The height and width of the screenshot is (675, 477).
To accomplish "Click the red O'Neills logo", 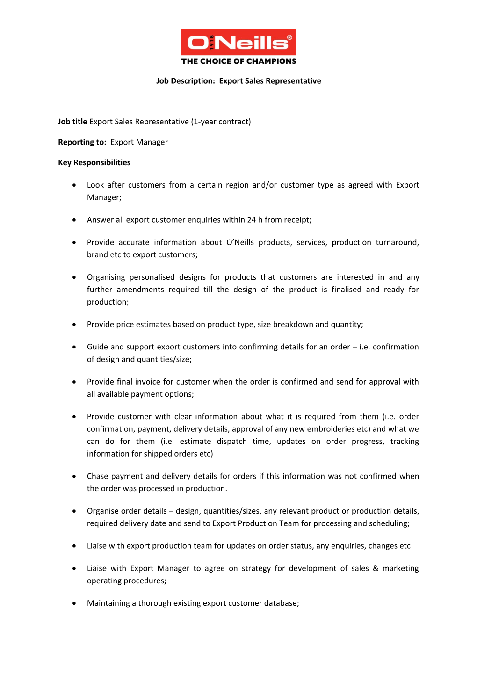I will [238, 42].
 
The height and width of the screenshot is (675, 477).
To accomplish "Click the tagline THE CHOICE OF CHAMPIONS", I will [238, 61].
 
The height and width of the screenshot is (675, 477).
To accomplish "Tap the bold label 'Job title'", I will [72, 122].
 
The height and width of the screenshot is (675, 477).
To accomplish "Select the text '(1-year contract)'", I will [221, 122].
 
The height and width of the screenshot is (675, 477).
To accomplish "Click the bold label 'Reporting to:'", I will [82, 142].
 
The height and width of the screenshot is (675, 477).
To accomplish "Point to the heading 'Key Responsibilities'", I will [94, 162].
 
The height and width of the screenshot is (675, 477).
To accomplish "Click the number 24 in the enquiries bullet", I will [251, 220].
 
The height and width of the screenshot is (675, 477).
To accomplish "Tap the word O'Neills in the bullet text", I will [240, 242].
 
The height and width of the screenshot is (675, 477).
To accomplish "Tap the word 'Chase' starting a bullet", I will [97, 476].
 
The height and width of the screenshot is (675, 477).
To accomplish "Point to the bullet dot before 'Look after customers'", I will [74, 185].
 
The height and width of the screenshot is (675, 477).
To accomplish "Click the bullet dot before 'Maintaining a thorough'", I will [74, 603].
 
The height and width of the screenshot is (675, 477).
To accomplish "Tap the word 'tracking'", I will [405, 441].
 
